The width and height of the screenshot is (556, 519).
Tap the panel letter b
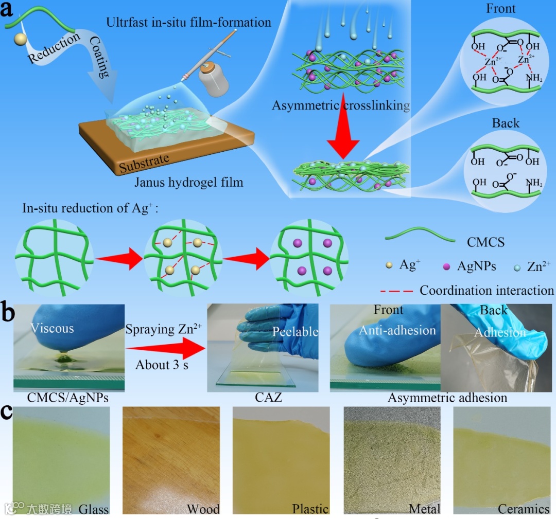point(8,311)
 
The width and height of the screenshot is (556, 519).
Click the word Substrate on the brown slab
point(144,164)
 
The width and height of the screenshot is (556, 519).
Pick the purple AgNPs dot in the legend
point(446,266)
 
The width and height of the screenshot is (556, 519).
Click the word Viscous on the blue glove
point(52,328)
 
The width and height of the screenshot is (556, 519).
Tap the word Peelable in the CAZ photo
point(296,331)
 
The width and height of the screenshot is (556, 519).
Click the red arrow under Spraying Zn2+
point(162,347)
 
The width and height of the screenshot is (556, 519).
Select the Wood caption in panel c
point(203,509)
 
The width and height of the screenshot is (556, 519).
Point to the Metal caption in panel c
point(425,509)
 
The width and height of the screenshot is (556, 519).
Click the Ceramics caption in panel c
point(524,509)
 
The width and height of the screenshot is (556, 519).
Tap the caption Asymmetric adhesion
point(447,398)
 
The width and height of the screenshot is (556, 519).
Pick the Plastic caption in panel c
point(310,509)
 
